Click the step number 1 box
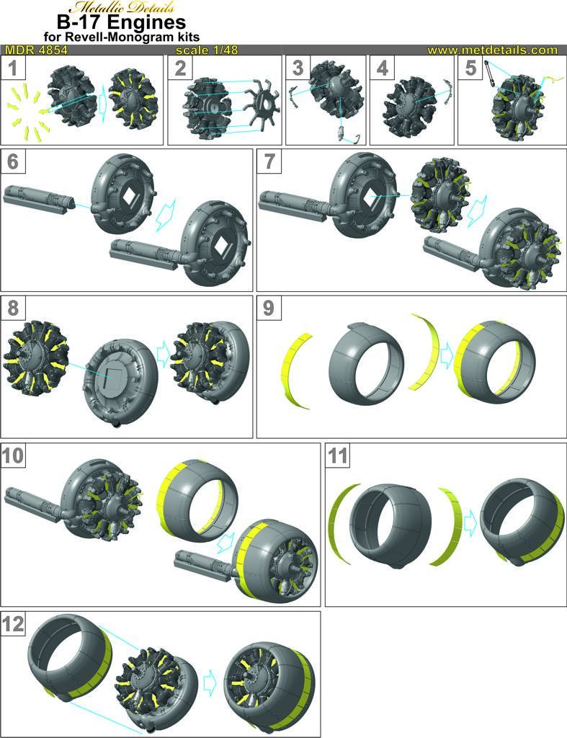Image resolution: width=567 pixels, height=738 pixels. tap(13, 67)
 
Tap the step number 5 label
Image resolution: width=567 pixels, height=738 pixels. tap(470, 67)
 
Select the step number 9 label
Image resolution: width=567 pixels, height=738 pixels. tap(269, 308)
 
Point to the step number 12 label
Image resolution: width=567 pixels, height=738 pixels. tap(13, 624)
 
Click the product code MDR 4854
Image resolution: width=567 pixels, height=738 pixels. tap(36, 50)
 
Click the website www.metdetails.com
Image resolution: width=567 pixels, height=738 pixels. tap(492, 50)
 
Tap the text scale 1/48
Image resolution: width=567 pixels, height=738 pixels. tap(207, 50)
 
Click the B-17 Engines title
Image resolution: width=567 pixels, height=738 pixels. tap(122, 22)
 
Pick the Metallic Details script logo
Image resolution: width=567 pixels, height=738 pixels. tap(122, 6)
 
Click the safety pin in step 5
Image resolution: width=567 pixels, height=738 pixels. tap(490, 73)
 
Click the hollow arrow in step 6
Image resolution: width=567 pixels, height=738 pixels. tap(166, 215)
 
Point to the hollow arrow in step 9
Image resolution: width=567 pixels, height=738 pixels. tap(447, 356)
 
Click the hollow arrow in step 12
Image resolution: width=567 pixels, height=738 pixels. tap(210, 686)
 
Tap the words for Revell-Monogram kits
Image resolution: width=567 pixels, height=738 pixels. tap(122, 37)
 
